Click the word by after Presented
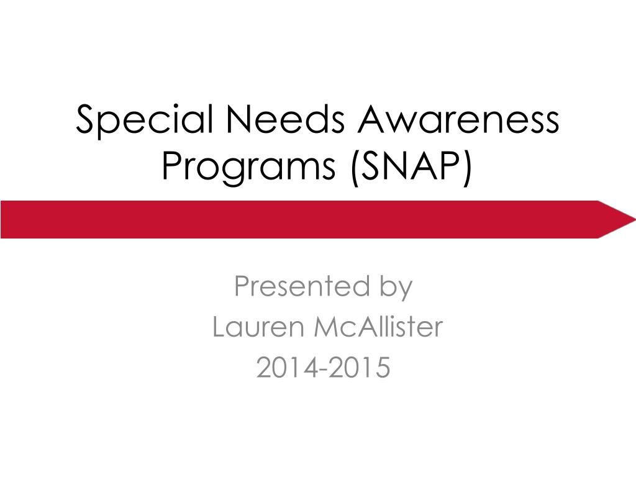(x=393, y=288)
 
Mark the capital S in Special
(x=84, y=120)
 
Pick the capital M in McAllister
(x=327, y=327)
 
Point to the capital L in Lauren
(x=218, y=327)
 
